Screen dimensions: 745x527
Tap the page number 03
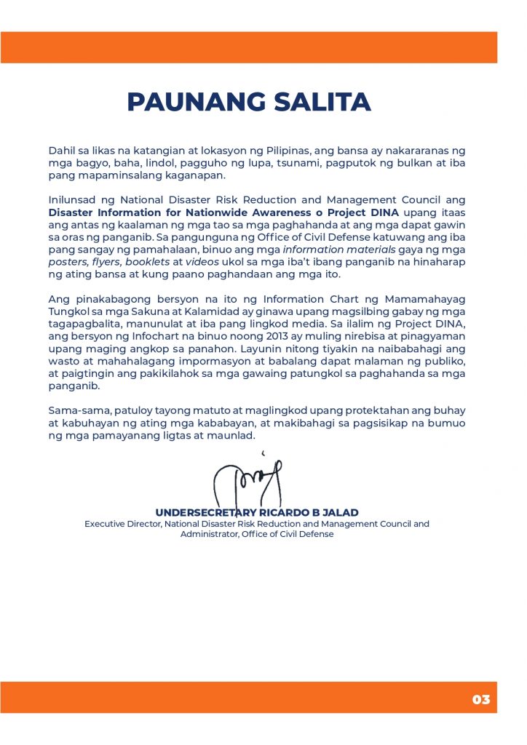[481, 700]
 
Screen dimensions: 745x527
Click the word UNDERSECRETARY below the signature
[202, 512]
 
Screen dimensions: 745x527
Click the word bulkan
[412, 164]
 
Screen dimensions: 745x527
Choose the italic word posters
[68, 262]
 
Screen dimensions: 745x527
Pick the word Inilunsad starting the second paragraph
[73, 200]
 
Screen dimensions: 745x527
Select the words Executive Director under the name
[122, 523]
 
